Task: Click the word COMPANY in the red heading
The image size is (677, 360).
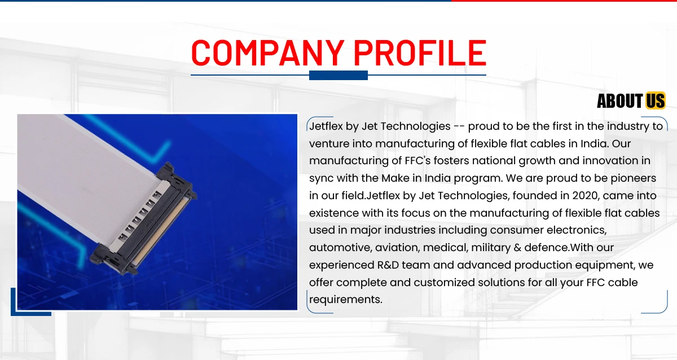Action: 268,52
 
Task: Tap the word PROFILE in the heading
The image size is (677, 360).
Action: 420,52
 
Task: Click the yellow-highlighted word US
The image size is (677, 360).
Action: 656,100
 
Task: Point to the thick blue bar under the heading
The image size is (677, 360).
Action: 338,75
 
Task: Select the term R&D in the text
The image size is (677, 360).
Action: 388,265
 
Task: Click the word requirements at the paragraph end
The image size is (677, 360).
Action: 346,300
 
